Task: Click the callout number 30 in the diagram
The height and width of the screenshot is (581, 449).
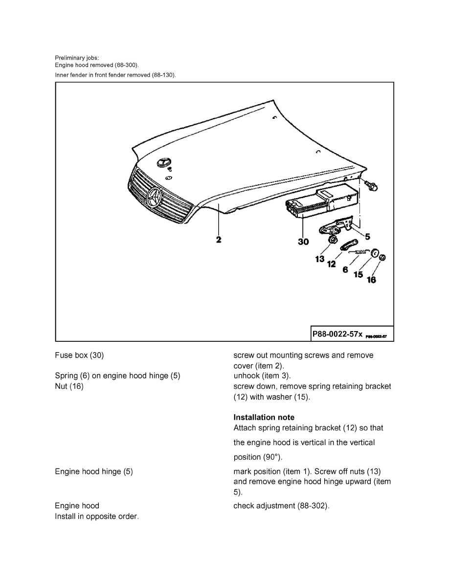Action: coord(303,241)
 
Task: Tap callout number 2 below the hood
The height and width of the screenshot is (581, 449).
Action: coord(218,240)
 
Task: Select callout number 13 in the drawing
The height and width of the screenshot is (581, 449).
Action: coord(320,259)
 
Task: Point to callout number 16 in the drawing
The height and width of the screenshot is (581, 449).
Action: coord(371,280)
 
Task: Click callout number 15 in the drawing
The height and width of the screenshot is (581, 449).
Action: coord(359,274)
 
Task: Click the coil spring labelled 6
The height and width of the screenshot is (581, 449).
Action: coord(361,251)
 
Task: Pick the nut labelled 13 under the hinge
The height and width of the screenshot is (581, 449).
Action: coord(332,240)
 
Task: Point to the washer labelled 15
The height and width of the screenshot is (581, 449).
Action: coord(375,253)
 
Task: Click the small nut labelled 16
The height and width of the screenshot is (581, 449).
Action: coord(383,257)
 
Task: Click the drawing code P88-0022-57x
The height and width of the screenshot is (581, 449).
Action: coord(337,334)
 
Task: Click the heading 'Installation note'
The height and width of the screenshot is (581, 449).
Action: coord(264,417)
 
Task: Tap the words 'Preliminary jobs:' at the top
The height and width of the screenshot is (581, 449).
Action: coord(77,58)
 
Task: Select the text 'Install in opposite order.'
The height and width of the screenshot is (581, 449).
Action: coord(97,516)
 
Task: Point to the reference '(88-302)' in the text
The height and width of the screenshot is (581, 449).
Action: coord(313,506)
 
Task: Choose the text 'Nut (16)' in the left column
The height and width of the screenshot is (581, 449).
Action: coord(69,386)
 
